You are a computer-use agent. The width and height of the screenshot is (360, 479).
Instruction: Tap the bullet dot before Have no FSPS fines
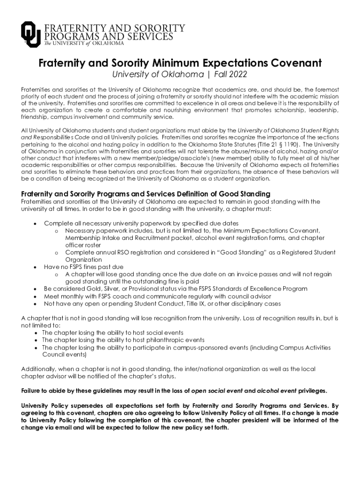35,267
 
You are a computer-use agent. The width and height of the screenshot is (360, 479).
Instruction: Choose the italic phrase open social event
216,391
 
